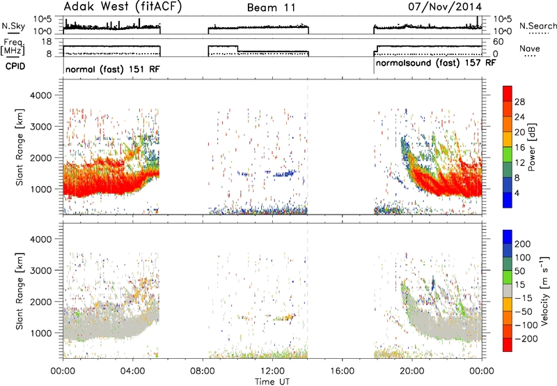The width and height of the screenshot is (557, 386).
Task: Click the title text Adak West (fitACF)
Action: point(123,7)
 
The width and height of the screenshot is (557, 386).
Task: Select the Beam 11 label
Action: point(272,8)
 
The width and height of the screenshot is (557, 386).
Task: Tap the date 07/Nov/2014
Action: point(445,7)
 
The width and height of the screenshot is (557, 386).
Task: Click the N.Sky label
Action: point(13,26)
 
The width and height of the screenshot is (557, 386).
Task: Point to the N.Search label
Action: point(538,26)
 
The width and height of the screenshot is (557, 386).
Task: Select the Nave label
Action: point(530,48)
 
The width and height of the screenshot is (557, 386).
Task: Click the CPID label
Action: point(15,66)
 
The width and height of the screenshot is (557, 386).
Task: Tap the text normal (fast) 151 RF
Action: point(113,69)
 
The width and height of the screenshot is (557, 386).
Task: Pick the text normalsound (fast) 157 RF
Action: point(435,63)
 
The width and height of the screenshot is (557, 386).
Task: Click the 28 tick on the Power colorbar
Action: point(519,102)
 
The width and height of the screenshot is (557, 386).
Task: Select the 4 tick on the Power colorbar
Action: point(517,194)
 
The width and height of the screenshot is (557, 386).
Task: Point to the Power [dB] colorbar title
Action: point(532,147)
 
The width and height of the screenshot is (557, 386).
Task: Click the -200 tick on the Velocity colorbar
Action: point(526,339)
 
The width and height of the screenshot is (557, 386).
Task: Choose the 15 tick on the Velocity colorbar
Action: point(519,284)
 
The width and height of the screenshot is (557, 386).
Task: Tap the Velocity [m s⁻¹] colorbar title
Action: point(544,291)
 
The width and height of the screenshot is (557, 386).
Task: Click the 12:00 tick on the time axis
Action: point(272,371)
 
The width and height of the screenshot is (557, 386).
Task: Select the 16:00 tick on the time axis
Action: point(342,371)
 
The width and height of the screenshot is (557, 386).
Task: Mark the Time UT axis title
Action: point(272,382)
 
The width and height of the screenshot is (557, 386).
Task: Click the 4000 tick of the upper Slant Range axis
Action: point(40,95)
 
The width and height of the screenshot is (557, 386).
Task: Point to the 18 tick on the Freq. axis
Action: point(47,42)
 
